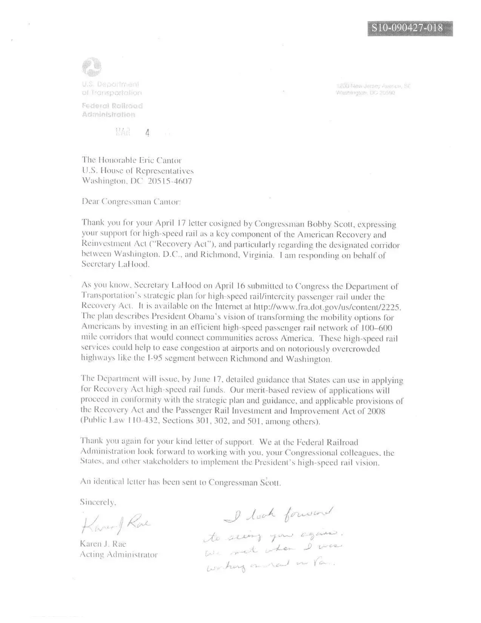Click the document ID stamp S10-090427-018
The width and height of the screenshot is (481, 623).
click(410, 28)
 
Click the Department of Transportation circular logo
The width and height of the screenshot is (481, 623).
click(91, 67)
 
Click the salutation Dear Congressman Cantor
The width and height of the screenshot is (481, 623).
click(131, 202)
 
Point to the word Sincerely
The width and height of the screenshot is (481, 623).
click(98, 502)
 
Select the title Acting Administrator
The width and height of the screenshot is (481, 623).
click(118, 555)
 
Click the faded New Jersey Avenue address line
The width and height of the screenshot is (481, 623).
click(373, 86)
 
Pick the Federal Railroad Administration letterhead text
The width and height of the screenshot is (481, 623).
click(112, 110)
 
